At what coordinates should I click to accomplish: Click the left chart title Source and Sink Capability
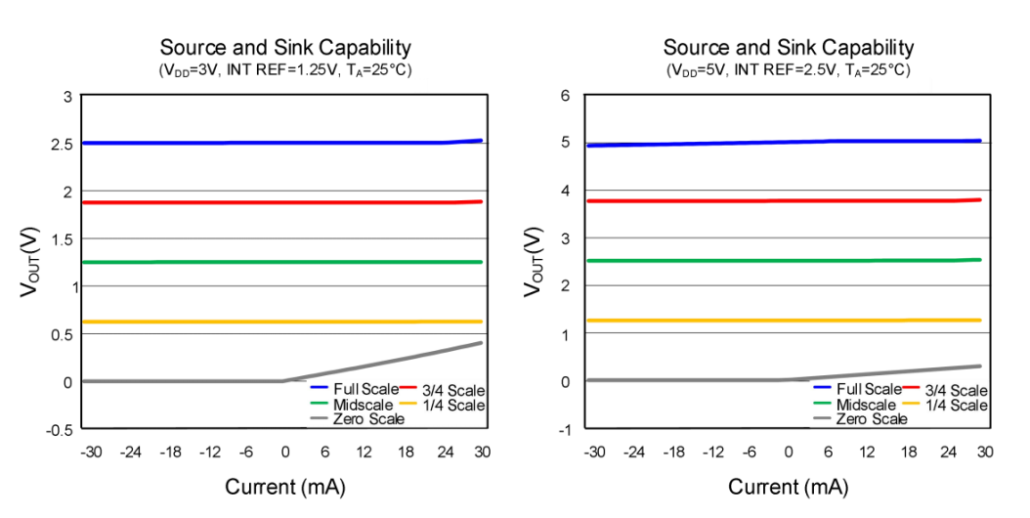(x=285, y=47)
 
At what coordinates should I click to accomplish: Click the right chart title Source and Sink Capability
(x=789, y=47)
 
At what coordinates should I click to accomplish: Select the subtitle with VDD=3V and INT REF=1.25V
(x=285, y=70)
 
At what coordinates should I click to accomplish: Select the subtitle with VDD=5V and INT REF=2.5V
(x=789, y=70)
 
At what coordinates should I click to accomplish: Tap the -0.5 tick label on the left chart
(x=60, y=429)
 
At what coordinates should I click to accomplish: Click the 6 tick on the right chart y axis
(x=565, y=96)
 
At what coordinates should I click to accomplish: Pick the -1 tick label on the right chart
(x=563, y=429)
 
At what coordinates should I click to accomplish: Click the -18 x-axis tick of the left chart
(x=171, y=452)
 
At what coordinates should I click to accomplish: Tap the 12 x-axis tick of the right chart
(x=867, y=452)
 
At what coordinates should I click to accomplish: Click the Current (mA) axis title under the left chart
(x=285, y=487)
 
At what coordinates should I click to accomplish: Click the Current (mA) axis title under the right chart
(x=789, y=487)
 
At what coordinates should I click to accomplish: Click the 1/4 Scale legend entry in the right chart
(x=955, y=405)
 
